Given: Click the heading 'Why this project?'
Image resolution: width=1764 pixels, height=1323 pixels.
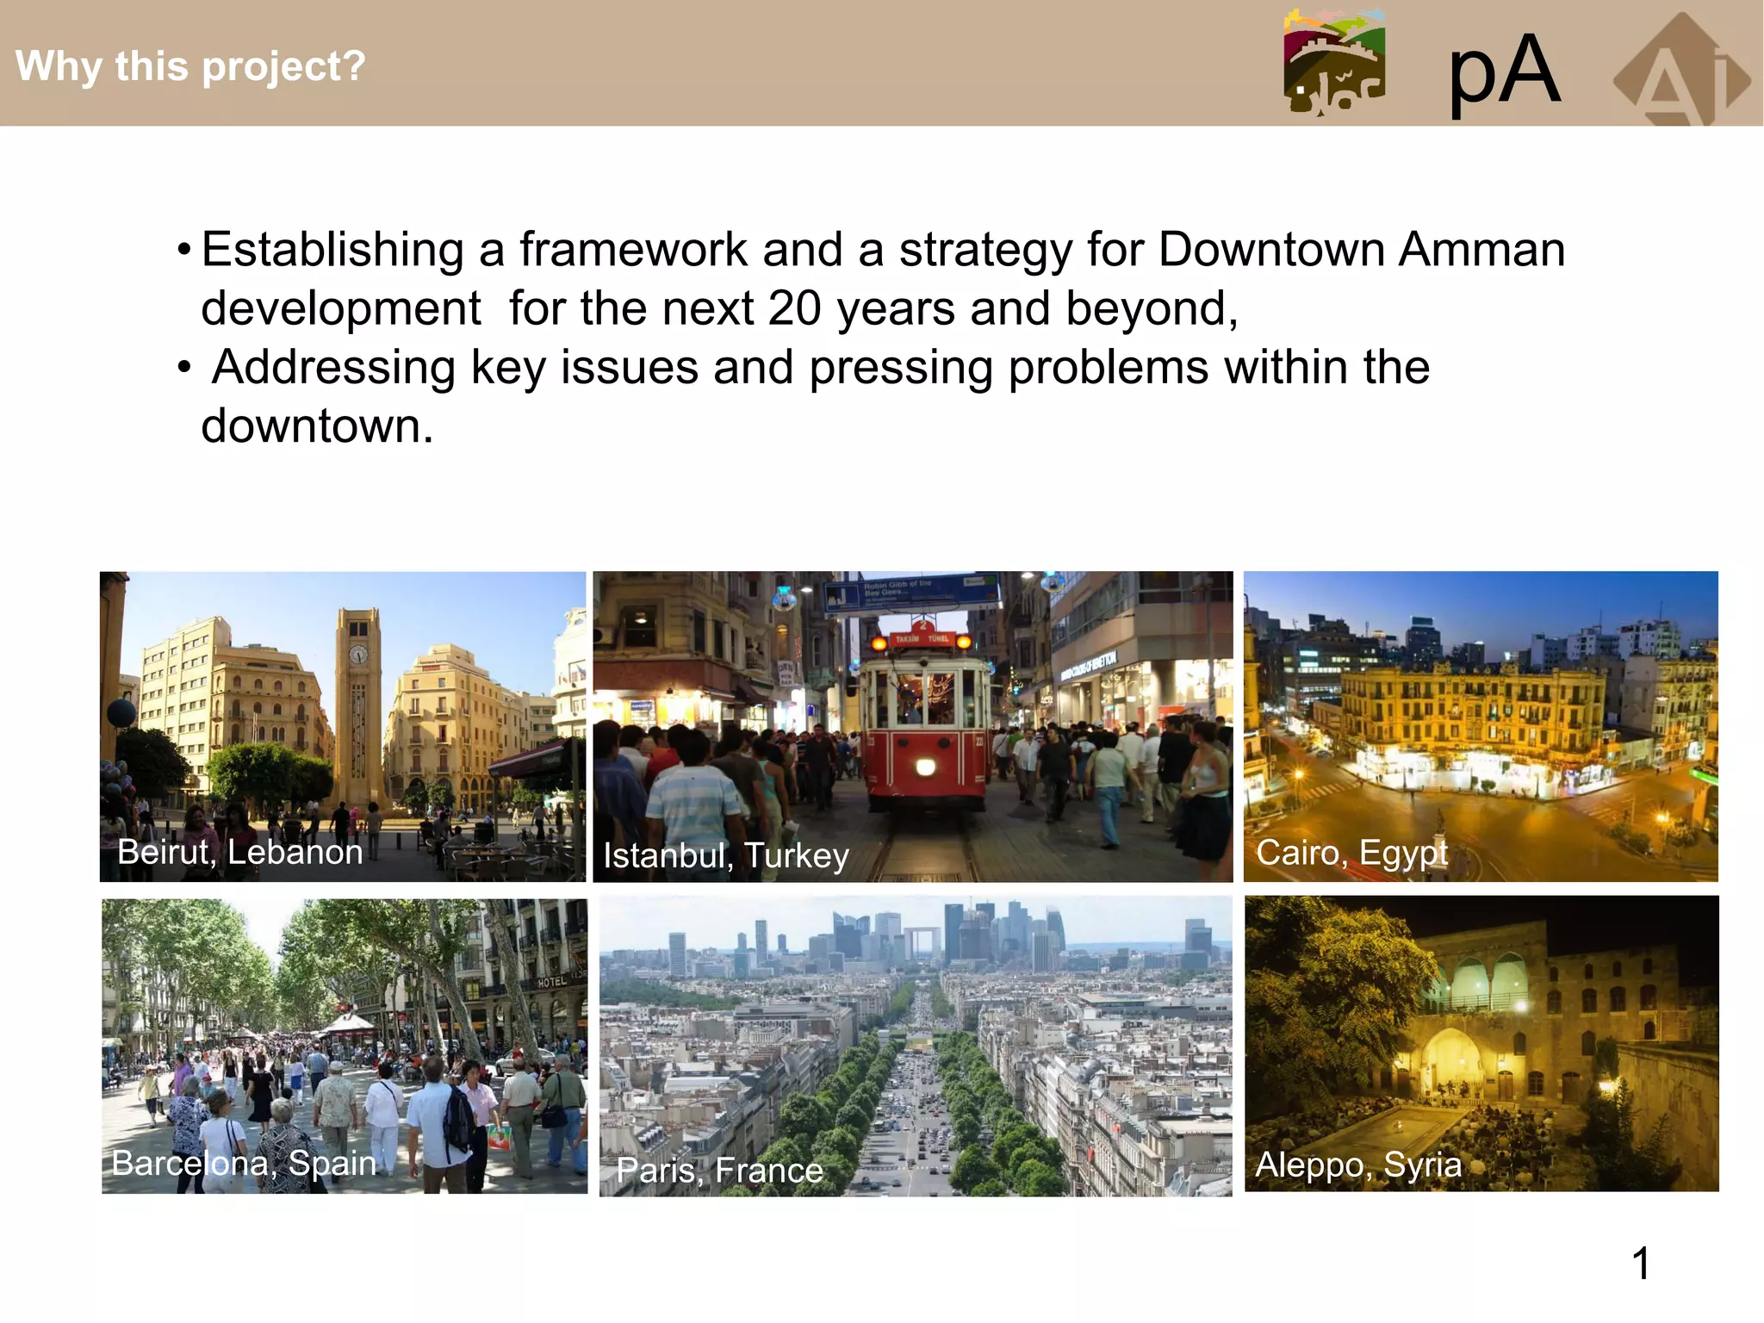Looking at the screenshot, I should tap(190, 66).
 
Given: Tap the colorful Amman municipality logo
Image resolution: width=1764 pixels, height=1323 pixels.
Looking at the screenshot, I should tap(1334, 62).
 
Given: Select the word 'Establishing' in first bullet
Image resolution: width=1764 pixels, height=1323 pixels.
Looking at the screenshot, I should tap(332, 250).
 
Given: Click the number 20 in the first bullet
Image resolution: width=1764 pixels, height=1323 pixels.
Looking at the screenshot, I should tap(794, 308).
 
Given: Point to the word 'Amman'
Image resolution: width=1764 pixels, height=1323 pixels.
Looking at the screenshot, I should tap(1481, 250).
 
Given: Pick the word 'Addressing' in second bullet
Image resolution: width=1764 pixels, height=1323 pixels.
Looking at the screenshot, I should tap(334, 368).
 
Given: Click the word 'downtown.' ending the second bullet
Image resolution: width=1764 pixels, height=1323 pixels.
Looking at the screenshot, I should tap(317, 426).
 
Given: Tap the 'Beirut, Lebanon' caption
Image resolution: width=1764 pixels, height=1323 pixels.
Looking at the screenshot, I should tap(239, 852).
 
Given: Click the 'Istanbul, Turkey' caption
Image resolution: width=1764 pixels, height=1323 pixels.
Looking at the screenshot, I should tap(725, 855).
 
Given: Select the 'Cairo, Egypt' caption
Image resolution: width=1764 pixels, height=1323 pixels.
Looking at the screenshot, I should tap(1351, 853).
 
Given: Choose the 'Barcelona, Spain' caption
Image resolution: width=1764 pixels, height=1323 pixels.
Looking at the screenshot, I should tap(244, 1163).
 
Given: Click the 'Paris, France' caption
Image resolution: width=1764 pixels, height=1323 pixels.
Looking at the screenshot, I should tap(720, 1170).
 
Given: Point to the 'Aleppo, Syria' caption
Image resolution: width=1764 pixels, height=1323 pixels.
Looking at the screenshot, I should tap(1358, 1165).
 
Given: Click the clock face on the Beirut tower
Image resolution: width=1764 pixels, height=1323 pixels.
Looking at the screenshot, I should tap(358, 655).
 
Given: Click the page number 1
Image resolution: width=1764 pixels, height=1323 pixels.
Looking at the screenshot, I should tap(1641, 1264).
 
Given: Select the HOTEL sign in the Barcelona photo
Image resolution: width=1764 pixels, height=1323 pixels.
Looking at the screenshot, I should tap(552, 982).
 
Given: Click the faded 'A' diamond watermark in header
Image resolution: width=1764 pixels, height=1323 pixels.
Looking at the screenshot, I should tap(1680, 73).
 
